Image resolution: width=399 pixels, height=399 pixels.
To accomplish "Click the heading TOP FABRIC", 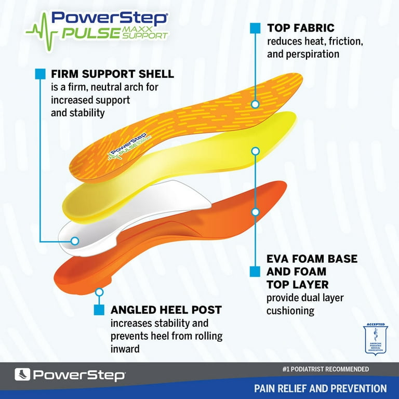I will click(x=301, y=28).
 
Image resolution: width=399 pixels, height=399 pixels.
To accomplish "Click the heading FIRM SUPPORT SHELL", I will click(x=112, y=74).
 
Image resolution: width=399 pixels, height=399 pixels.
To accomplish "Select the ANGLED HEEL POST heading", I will click(x=166, y=310).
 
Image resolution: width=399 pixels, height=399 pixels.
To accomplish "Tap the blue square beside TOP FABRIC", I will click(x=255, y=28).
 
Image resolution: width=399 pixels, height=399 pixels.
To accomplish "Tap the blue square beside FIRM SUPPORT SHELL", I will click(x=40, y=74).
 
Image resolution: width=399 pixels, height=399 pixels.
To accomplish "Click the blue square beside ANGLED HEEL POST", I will click(x=99, y=310).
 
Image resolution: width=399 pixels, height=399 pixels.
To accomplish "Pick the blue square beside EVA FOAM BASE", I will click(x=255, y=271).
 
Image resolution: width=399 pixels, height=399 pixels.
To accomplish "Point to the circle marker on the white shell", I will click(x=74, y=241).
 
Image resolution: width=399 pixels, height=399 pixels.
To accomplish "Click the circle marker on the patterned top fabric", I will click(x=255, y=104).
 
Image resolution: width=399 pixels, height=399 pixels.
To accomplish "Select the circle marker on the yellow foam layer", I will click(x=255, y=151).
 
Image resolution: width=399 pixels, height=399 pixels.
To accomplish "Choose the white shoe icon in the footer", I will click(x=22, y=375).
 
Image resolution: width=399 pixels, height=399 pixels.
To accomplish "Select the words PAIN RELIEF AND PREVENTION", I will click(x=320, y=388).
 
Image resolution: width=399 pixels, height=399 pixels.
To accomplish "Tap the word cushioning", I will click(x=290, y=311).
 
